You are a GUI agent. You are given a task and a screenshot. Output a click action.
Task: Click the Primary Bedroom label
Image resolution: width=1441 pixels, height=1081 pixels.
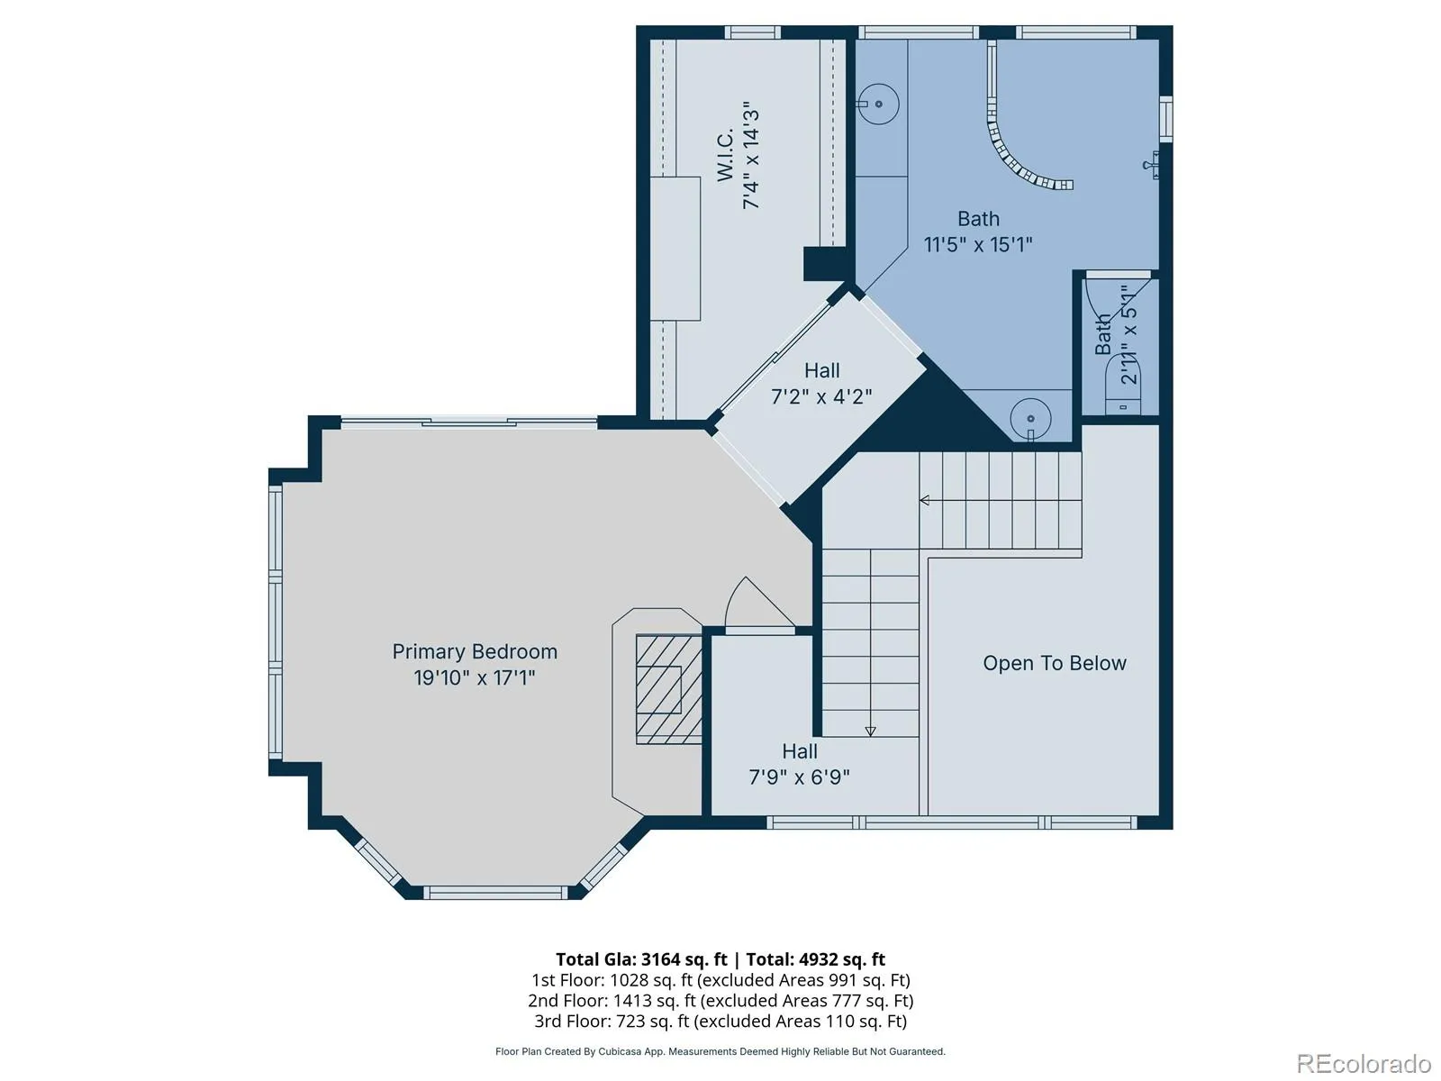[x=475, y=651]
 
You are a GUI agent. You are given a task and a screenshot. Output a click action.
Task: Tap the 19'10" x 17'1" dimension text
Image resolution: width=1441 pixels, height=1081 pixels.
[x=475, y=677]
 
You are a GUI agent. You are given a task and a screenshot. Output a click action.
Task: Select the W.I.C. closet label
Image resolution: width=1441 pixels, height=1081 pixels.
[x=725, y=156]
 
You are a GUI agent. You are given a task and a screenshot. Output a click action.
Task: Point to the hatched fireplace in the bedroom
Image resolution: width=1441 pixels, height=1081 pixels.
[x=668, y=689]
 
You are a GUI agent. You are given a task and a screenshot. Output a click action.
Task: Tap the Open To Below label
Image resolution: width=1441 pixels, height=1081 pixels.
[x=1055, y=664]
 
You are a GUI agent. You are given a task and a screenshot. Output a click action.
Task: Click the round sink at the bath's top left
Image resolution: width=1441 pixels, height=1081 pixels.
[x=878, y=104]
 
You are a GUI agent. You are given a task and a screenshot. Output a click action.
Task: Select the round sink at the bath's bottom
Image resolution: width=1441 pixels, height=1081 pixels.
[x=1030, y=419]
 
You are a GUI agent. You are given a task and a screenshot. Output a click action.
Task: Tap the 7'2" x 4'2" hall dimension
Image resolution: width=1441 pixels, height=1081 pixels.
[x=821, y=396]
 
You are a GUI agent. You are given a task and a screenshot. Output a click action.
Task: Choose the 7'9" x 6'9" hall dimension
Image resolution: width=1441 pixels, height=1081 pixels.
[x=799, y=777]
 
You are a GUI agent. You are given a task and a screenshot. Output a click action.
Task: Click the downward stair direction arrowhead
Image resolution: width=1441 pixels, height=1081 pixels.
[x=871, y=731]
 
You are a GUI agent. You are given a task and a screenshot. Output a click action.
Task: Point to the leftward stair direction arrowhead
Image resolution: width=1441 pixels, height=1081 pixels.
[x=924, y=501]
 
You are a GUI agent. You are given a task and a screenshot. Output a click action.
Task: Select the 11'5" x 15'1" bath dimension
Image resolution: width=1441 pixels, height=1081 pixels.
[x=978, y=245]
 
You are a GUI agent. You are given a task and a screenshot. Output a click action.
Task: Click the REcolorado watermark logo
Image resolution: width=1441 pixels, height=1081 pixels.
[x=1364, y=1063]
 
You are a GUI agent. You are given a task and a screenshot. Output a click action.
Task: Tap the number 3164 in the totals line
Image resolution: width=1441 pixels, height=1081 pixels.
[x=661, y=959]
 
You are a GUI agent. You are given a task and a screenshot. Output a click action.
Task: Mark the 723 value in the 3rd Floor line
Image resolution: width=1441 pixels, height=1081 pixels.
[x=631, y=1022]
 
